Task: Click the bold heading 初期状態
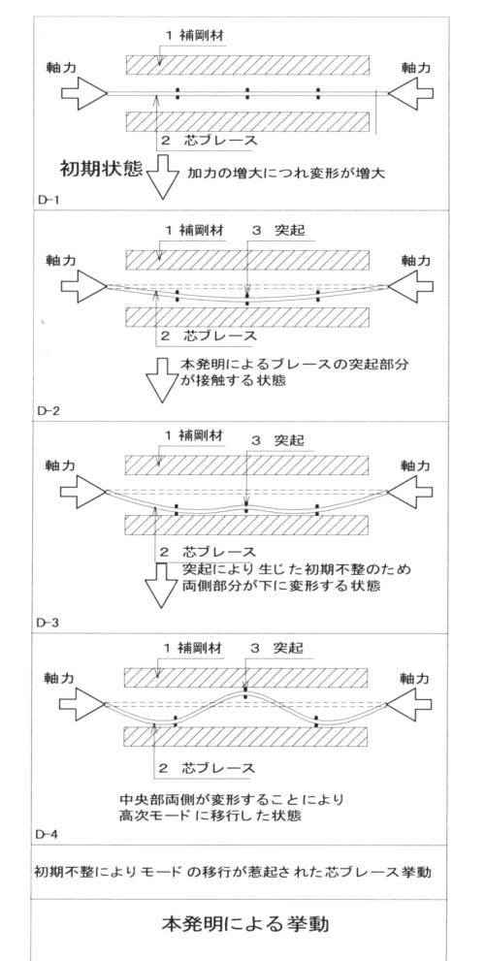point(101,169)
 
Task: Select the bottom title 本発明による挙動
point(244,923)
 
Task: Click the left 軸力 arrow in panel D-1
point(84,93)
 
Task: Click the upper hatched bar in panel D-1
point(247,64)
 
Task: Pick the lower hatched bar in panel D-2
point(246,316)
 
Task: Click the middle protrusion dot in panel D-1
point(247,93)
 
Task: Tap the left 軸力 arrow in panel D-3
point(84,492)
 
